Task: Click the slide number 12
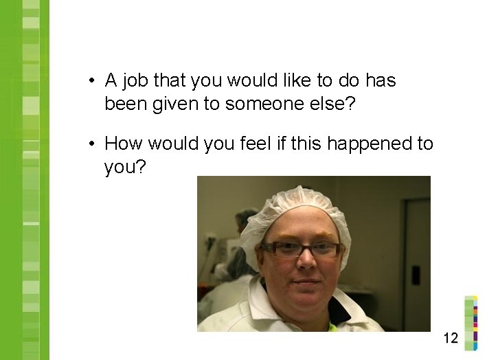tap(451, 337)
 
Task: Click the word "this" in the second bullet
tap(307, 144)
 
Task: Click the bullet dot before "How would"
tap(91, 144)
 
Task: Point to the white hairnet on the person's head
tap(295, 206)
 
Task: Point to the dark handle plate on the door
tap(416, 275)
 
